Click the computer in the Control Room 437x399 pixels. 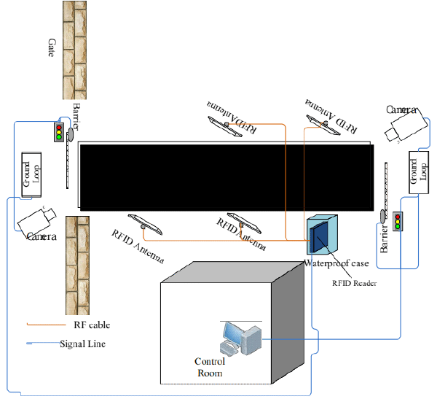click(241, 338)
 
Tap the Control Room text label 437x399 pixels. click(210, 367)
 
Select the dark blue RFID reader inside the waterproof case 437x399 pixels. click(319, 236)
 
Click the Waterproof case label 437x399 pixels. click(336, 263)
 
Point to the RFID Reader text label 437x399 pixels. click(354, 284)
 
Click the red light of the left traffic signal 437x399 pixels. click(59, 128)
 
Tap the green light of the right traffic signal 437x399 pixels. click(398, 227)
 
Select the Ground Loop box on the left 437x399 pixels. click(31, 175)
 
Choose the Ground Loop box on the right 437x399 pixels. click(419, 172)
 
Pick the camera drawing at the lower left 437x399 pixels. click(36, 222)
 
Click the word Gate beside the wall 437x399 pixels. click(51, 47)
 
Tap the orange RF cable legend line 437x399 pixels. click(47, 325)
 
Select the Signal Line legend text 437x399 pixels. click(83, 344)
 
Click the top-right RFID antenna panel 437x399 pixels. click(323, 125)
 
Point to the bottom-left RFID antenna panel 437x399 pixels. click(145, 224)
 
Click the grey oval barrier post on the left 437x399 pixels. click(70, 134)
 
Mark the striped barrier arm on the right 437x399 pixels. click(386, 187)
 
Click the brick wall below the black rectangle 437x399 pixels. click(77, 266)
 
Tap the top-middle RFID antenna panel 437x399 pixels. click(225, 126)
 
